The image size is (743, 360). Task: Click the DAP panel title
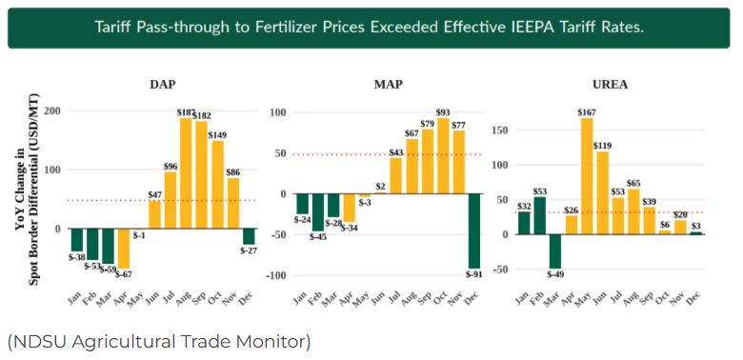click(x=163, y=85)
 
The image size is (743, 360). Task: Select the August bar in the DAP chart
click(x=186, y=173)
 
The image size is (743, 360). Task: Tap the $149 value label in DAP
click(x=216, y=136)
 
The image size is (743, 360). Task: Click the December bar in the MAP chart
click(x=474, y=231)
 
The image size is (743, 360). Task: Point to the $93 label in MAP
click(x=443, y=112)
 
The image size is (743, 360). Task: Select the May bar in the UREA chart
click(x=587, y=176)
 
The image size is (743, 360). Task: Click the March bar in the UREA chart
click(x=555, y=251)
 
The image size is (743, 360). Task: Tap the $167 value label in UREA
click(x=587, y=112)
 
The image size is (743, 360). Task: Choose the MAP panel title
click(x=388, y=85)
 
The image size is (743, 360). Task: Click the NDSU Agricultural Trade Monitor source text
click(x=159, y=342)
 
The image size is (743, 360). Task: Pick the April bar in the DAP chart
click(x=124, y=249)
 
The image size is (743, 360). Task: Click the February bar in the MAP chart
click(x=318, y=212)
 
